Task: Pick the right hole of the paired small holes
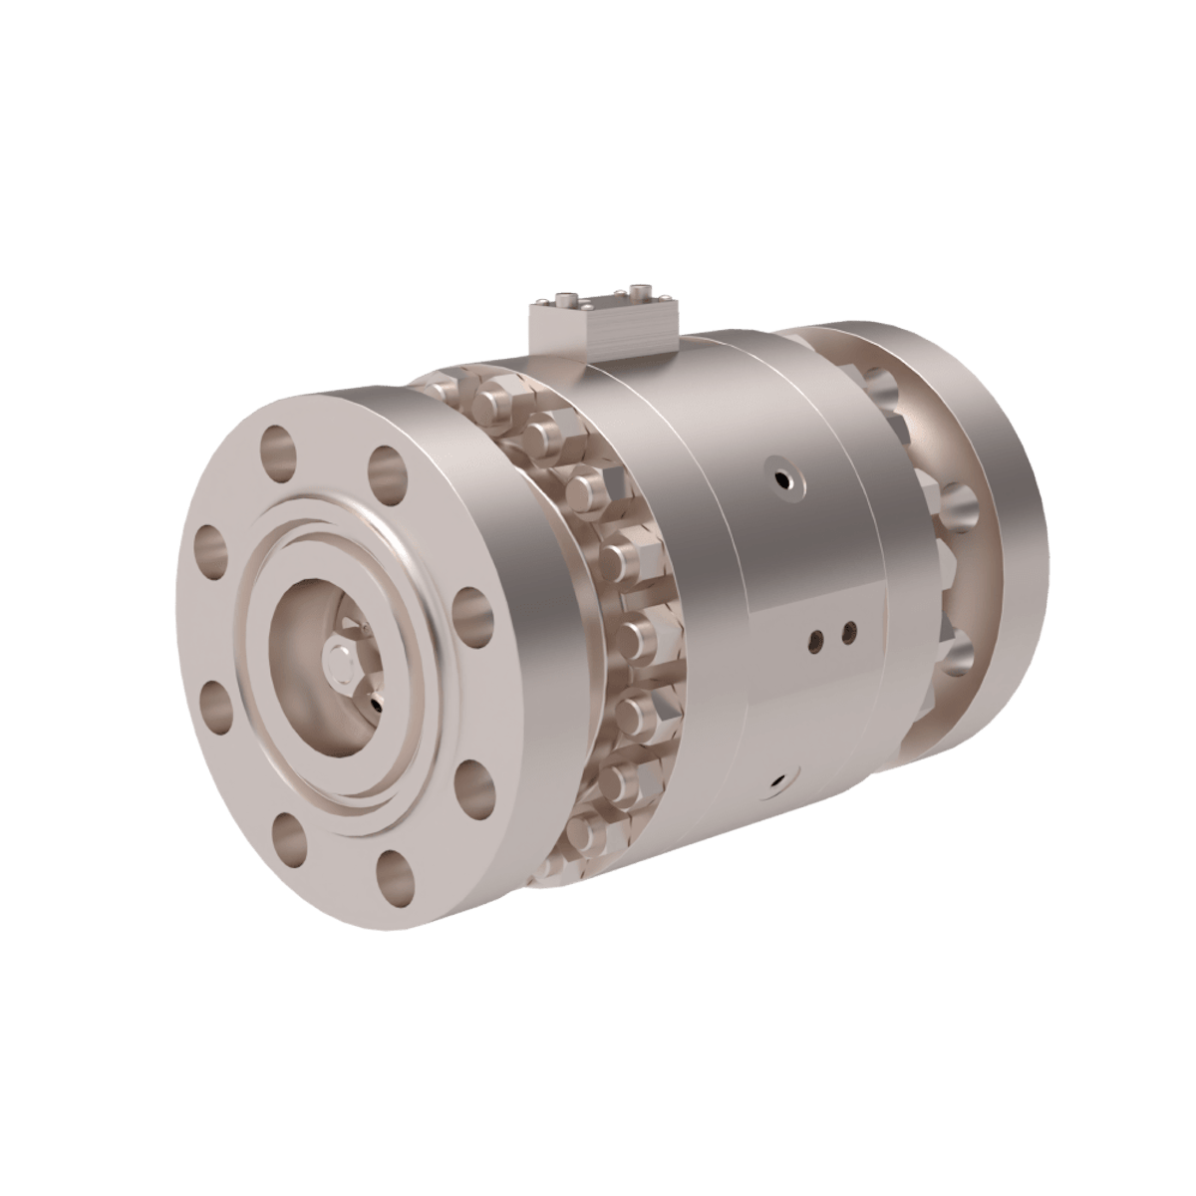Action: tap(849, 630)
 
